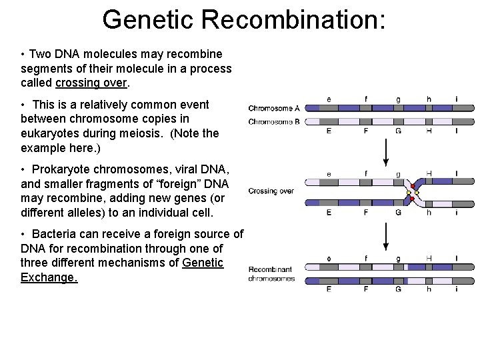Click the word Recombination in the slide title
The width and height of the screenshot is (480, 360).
point(294,19)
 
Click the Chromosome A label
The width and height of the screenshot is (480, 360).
point(273,108)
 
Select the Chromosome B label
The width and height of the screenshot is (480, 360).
point(273,121)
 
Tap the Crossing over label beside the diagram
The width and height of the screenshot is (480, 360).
point(271,191)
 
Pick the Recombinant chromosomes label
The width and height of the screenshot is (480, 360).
point(271,274)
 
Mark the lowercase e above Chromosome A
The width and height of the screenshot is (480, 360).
point(329,99)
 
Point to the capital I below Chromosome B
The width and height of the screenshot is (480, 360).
point(456,131)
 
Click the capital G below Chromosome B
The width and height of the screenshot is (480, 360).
point(398,131)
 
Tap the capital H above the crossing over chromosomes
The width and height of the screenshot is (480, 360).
point(429,173)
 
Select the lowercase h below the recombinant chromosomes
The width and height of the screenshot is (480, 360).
point(429,290)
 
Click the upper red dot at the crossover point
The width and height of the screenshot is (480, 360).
point(413,187)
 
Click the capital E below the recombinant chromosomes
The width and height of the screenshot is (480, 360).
point(329,290)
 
